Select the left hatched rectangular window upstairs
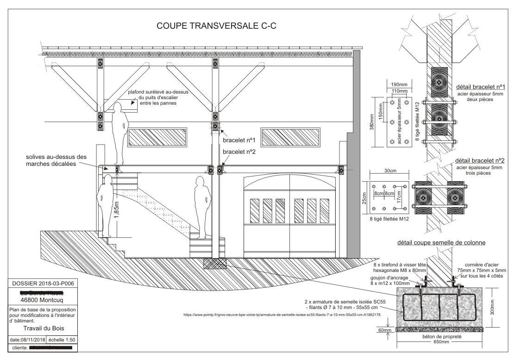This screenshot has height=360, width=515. [158, 137]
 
